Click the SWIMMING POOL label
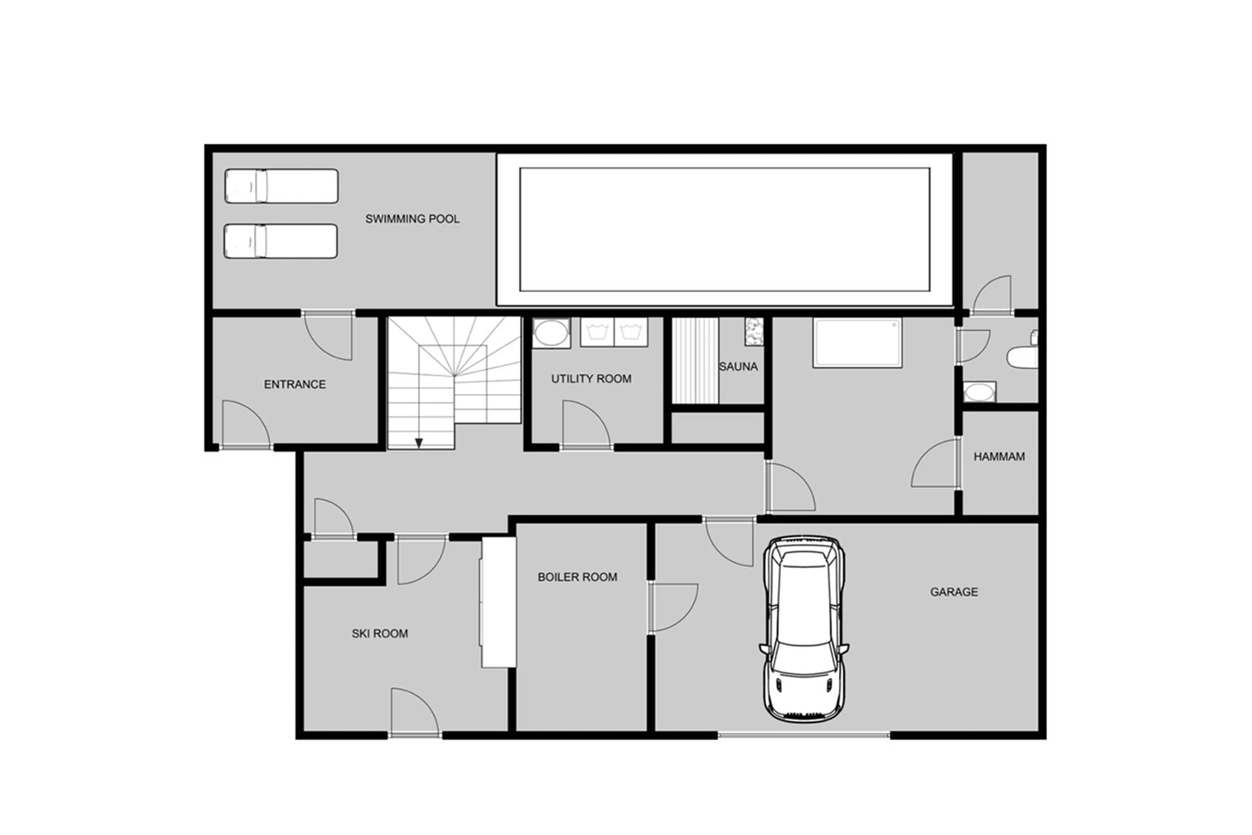pyautogui.click(x=412, y=219)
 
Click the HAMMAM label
pyautogui.click(x=999, y=457)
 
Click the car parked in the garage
pyautogui.click(x=803, y=628)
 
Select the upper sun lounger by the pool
pyautogui.click(x=281, y=186)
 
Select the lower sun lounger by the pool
pyautogui.click(x=280, y=241)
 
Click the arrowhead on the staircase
pyautogui.click(x=419, y=442)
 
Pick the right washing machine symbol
pyautogui.click(x=631, y=332)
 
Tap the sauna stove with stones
pyautogui.click(x=753, y=332)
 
